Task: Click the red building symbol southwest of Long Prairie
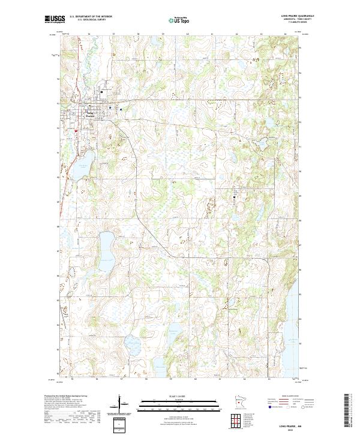point(77,131)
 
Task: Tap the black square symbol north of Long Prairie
point(101,92)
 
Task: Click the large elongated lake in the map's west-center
point(108,246)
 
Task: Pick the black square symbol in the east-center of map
point(235,196)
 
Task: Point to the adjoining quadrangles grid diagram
point(238,419)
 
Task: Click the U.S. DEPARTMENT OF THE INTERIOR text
point(91,16)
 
